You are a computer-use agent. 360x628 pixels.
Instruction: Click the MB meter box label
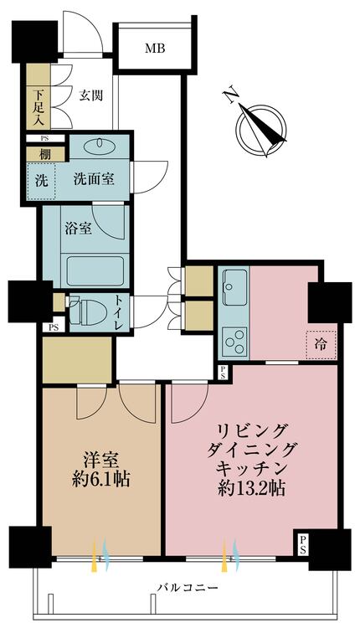[x=154, y=49]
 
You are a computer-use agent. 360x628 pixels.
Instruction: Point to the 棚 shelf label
[x=40, y=154]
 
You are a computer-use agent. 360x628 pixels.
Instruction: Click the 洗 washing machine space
[x=40, y=179]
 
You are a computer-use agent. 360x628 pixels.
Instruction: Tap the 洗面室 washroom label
[x=93, y=178]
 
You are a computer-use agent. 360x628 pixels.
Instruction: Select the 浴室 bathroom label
[x=78, y=228]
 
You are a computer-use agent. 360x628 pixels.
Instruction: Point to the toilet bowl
[x=85, y=312]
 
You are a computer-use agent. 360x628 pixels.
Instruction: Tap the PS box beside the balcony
[x=301, y=544]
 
